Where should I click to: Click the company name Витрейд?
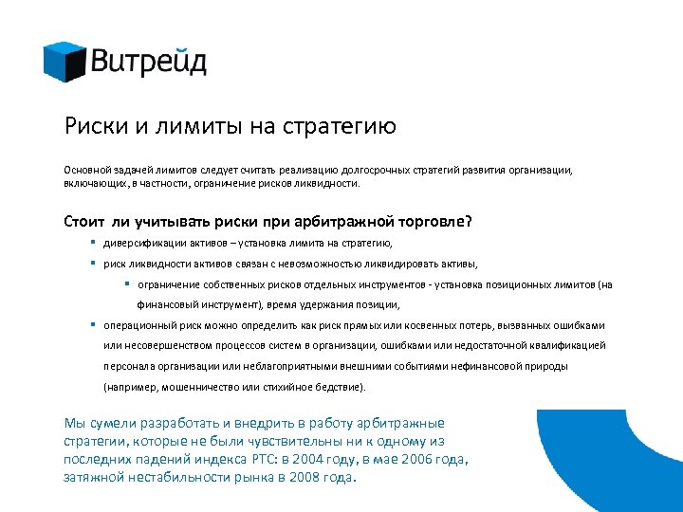pyautogui.click(x=149, y=62)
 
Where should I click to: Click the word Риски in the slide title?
pyautogui.click(x=93, y=126)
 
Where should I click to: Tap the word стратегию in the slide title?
pyautogui.click(x=346, y=126)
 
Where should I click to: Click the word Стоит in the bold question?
pyautogui.click(x=84, y=221)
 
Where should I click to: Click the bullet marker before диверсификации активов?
pyautogui.click(x=93, y=243)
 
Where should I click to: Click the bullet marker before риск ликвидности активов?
pyautogui.click(x=93, y=263)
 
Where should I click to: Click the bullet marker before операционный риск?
pyautogui.click(x=93, y=324)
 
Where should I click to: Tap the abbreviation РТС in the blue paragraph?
pyautogui.click(x=263, y=460)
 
